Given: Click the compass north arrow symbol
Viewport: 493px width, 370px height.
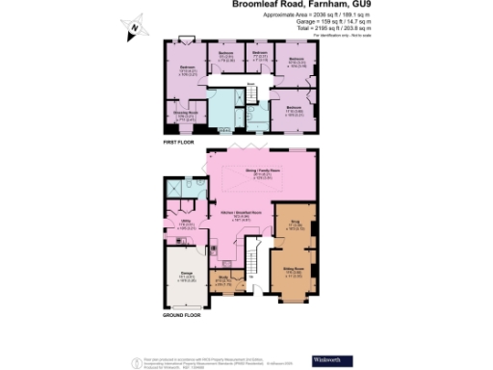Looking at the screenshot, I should (136, 27).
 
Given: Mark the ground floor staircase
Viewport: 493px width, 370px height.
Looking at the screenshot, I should (255, 259).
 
